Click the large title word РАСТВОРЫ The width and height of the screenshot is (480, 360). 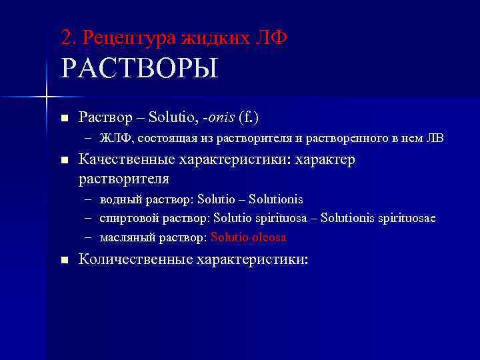[139, 69]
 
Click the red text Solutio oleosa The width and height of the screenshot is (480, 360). [249, 237]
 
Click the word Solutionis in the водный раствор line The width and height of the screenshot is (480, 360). [275, 199]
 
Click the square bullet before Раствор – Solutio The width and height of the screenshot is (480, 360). [64, 119]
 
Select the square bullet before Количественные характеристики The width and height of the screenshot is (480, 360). [64, 261]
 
